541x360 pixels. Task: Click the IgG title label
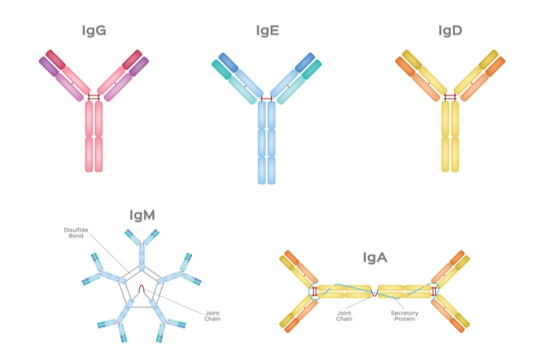(94, 31)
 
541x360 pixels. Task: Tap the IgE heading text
(268, 31)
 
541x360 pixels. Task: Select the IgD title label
(450, 31)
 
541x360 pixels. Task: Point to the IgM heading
(142, 216)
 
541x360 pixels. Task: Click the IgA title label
(375, 257)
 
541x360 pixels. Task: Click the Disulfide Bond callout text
(76, 233)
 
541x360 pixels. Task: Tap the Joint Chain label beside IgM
(212, 316)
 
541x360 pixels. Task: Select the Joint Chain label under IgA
(344, 316)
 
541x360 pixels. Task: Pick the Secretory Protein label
(404, 316)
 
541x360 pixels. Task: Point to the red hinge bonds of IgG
(94, 97)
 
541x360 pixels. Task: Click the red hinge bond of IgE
(267, 99)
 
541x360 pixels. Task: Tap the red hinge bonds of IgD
(450, 97)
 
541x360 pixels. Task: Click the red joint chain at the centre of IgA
(375, 294)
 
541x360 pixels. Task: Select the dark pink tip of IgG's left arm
(56, 60)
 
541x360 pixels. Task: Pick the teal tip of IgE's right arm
(311, 69)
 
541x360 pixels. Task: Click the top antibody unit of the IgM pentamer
(142, 249)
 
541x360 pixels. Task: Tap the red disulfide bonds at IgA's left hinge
(315, 292)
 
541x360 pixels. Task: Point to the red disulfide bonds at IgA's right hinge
(434, 292)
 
